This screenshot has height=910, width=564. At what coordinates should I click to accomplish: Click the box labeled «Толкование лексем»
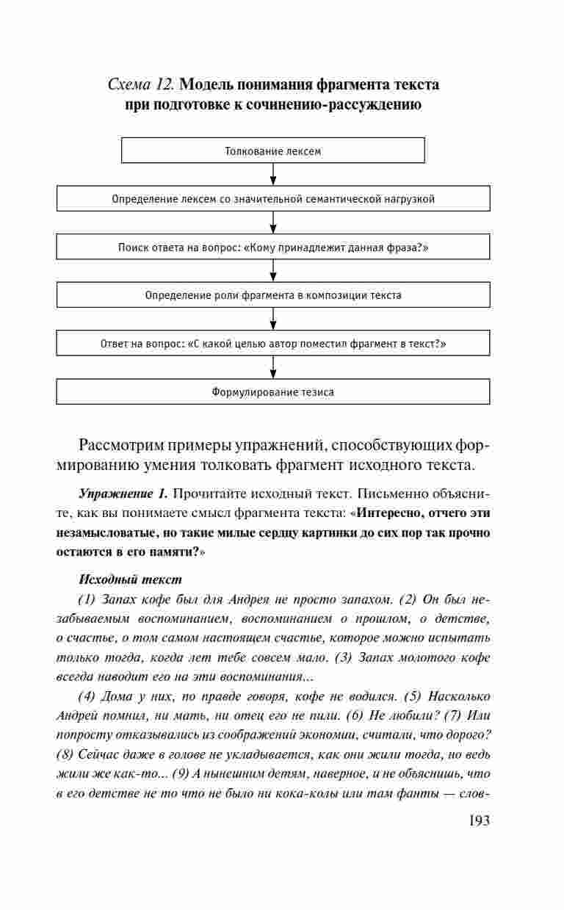click(x=273, y=151)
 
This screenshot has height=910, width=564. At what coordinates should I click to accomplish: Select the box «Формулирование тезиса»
click(x=273, y=391)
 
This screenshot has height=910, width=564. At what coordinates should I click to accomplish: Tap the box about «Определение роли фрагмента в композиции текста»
click(x=273, y=295)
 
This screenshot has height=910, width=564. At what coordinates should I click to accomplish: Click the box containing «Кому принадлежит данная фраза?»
click(x=273, y=247)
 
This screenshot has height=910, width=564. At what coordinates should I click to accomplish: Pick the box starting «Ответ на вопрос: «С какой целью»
click(x=273, y=343)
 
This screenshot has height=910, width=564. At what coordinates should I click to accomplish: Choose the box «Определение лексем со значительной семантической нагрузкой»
click(x=273, y=198)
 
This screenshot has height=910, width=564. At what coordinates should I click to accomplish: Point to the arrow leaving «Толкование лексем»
click(x=273, y=174)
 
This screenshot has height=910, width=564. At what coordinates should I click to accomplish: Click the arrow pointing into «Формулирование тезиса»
click(x=273, y=366)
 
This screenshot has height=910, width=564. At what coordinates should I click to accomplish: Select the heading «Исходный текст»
click(x=119, y=579)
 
